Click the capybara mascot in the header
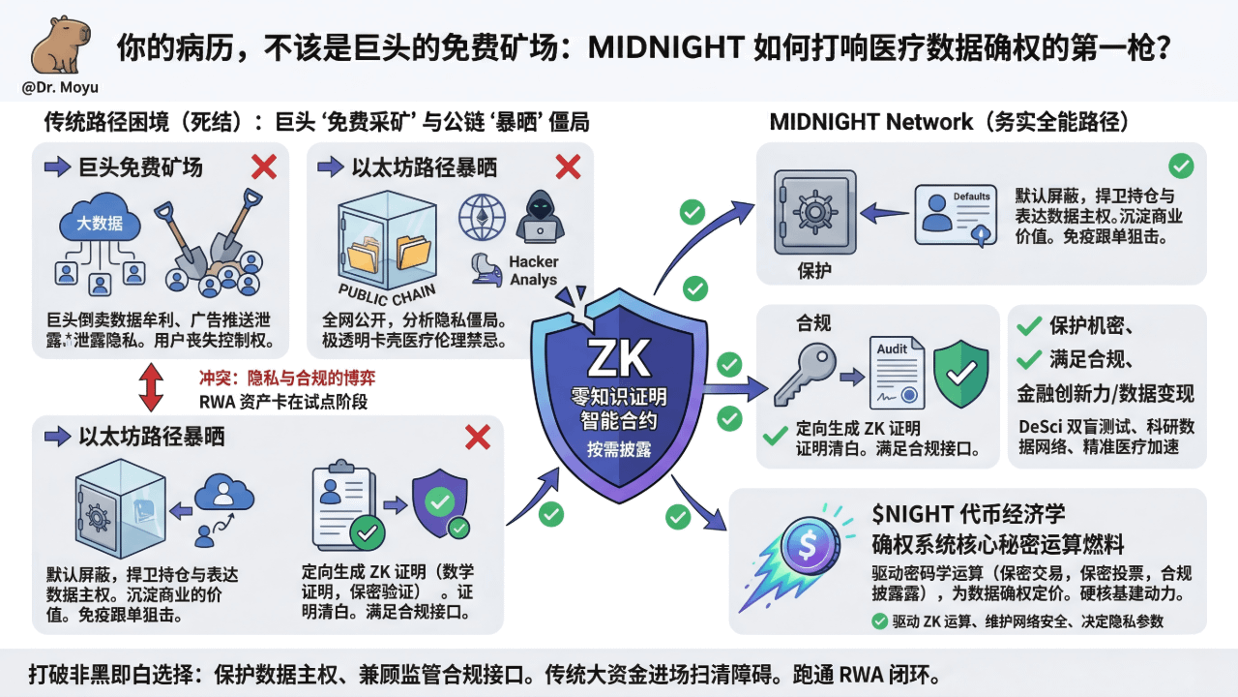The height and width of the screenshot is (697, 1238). [x=59, y=45]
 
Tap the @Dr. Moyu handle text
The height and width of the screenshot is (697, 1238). [x=59, y=88]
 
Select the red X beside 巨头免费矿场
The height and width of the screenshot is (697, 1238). [x=264, y=167]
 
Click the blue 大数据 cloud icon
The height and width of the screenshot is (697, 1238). [x=101, y=225]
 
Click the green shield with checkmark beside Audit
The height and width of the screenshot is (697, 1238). [x=960, y=372]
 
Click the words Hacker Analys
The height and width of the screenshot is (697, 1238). [x=534, y=271]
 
